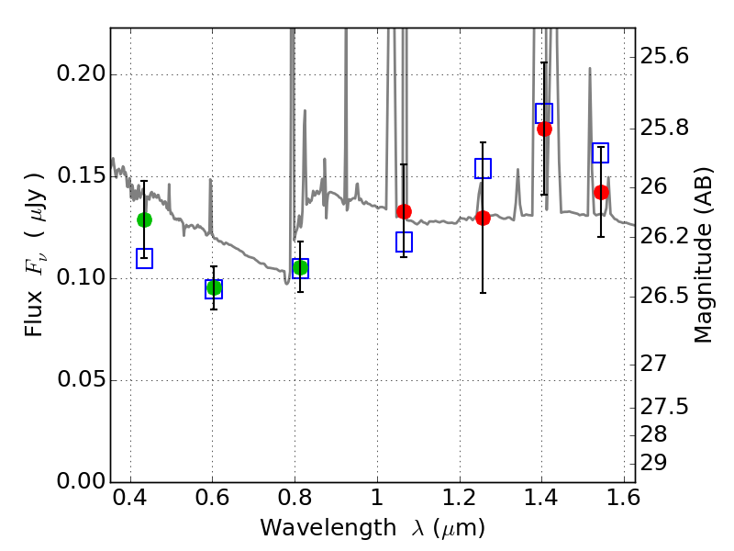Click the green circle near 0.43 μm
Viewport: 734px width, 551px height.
coord(144,219)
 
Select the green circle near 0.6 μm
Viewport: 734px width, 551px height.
coord(214,288)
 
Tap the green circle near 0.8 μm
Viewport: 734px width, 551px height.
coord(300,267)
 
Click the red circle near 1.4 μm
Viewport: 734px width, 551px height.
coord(544,129)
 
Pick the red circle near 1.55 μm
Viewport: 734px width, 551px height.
coord(601,192)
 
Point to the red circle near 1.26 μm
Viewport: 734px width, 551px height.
coord(483,218)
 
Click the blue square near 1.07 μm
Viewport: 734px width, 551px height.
coord(404,242)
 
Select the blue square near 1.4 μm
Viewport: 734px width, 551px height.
coord(544,114)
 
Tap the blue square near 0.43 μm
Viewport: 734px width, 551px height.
coord(144,258)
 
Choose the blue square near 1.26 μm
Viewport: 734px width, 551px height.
coord(483,168)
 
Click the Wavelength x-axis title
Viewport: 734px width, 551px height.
coord(372,529)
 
